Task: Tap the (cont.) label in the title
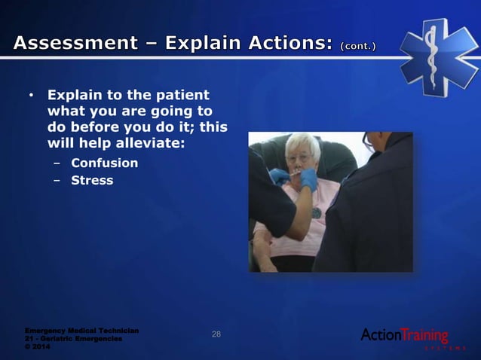tap(359, 46)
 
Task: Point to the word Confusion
tap(104, 163)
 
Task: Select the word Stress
tap(92, 180)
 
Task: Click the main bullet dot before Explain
tap(31, 96)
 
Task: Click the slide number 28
tap(216, 334)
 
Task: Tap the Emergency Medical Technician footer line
tap(81, 331)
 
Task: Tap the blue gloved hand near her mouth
tap(308, 180)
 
